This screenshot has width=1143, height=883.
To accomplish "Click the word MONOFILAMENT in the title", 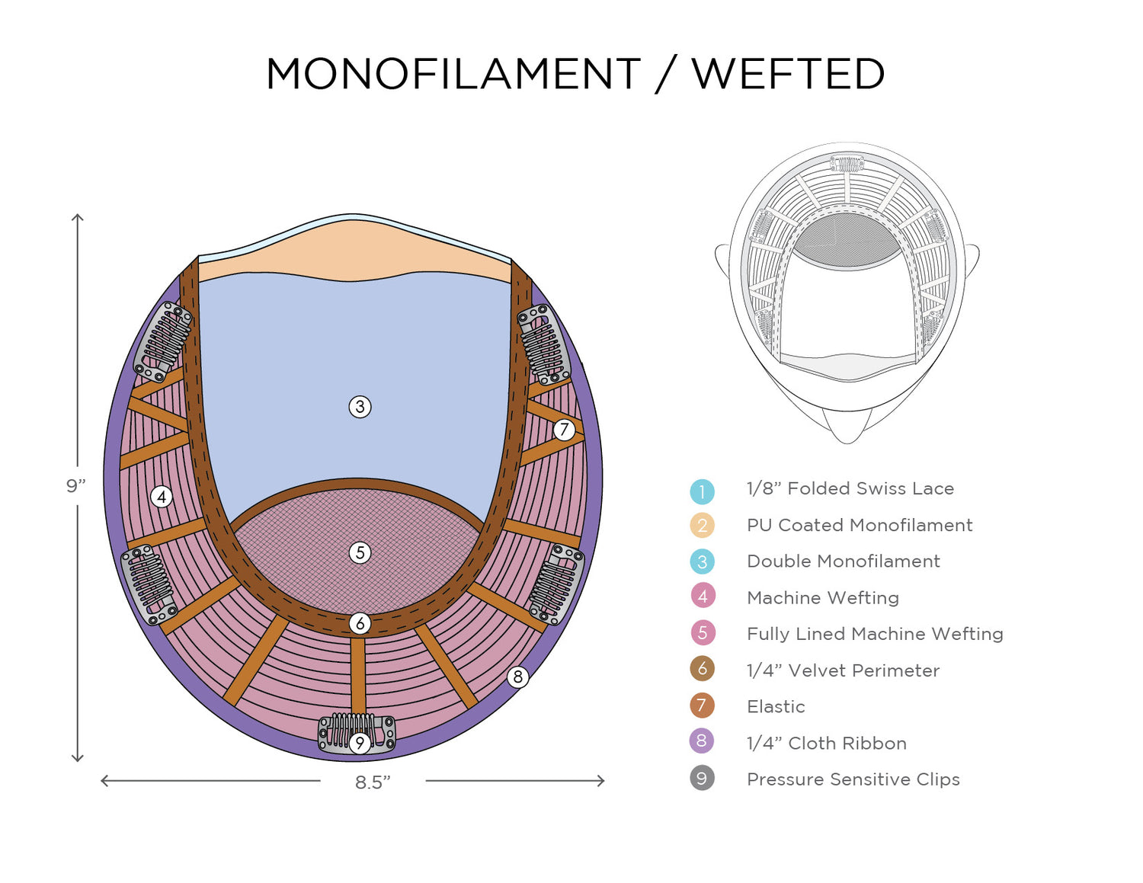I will pyautogui.click(x=453, y=75).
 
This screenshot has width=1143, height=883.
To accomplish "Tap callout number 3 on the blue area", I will pyautogui.click(x=360, y=407).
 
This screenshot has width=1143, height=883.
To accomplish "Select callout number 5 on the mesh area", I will pyautogui.click(x=360, y=552).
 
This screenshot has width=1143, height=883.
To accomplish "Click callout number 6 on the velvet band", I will pyautogui.click(x=360, y=624).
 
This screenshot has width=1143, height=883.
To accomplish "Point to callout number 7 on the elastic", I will pyautogui.click(x=564, y=430).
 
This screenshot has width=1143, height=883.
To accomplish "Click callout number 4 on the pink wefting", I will pyautogui.click(x=161, y=497).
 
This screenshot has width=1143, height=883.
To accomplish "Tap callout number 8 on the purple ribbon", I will pyautogui.click(x=518, y=677).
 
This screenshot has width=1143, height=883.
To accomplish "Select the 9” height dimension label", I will pyautogui.click(x=75, y=486).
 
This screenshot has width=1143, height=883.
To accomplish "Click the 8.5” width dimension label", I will pyautogui.click(x=373, y=782).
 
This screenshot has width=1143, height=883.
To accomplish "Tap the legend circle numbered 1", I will pyautogui.click(x=702, y=491).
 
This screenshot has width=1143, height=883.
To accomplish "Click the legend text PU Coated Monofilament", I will pyautogui.click(x=859, y=525).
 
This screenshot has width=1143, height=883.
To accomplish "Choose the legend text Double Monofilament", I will pyautogui.click(x=843, y=561).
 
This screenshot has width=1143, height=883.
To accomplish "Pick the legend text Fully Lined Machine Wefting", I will pyautogui.click(x=874, y=634).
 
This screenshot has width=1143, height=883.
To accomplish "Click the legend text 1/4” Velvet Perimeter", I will pyautogui.click(x=842, y=670).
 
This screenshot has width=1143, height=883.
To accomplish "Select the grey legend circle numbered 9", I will pyautogui.click(x=702, y=779).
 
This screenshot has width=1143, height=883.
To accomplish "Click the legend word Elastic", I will pyautogui.click(x=775, y=707).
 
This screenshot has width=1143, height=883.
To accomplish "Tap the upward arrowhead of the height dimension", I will pyautogui.click(x=77, y=218).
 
